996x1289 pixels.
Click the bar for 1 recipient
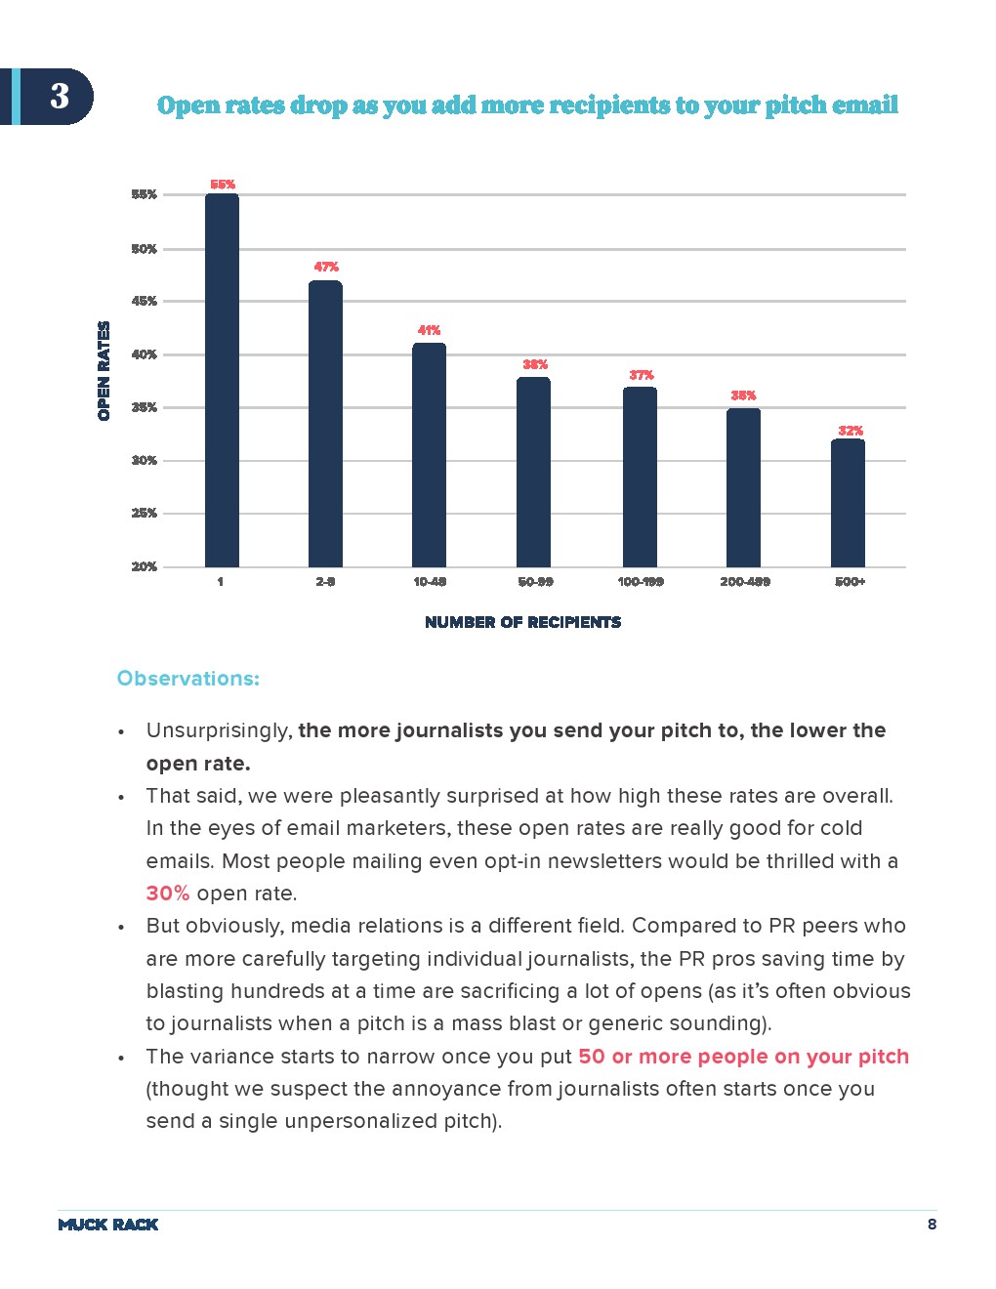[x=222, y=381]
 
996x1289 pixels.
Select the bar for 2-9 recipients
[x=325, y=425]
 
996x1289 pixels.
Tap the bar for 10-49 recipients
[x=429, y=455]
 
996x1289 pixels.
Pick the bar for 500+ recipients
[x=848, y=503]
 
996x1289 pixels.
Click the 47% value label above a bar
[x=326, y=267]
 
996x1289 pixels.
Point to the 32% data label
[x=851, y=431]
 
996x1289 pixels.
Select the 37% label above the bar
[x=642, y=375]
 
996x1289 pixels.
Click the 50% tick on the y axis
[x=144, y=249]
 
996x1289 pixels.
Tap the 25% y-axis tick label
[x=144, y=513]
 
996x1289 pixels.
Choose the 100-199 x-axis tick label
[x=641, y=582]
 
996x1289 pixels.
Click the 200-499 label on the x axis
[x=745, y=582]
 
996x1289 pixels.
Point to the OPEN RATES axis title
[x=104, y=371]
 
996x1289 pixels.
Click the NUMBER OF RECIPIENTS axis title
[x=522, y=622]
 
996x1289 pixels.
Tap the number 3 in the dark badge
[x=60, y=96]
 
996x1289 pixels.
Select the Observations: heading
[x=188, y=679]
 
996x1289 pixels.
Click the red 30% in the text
[x=168, y=894]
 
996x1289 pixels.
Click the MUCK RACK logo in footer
[x=108, y=1225]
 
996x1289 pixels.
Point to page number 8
[x=932, y=1225]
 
